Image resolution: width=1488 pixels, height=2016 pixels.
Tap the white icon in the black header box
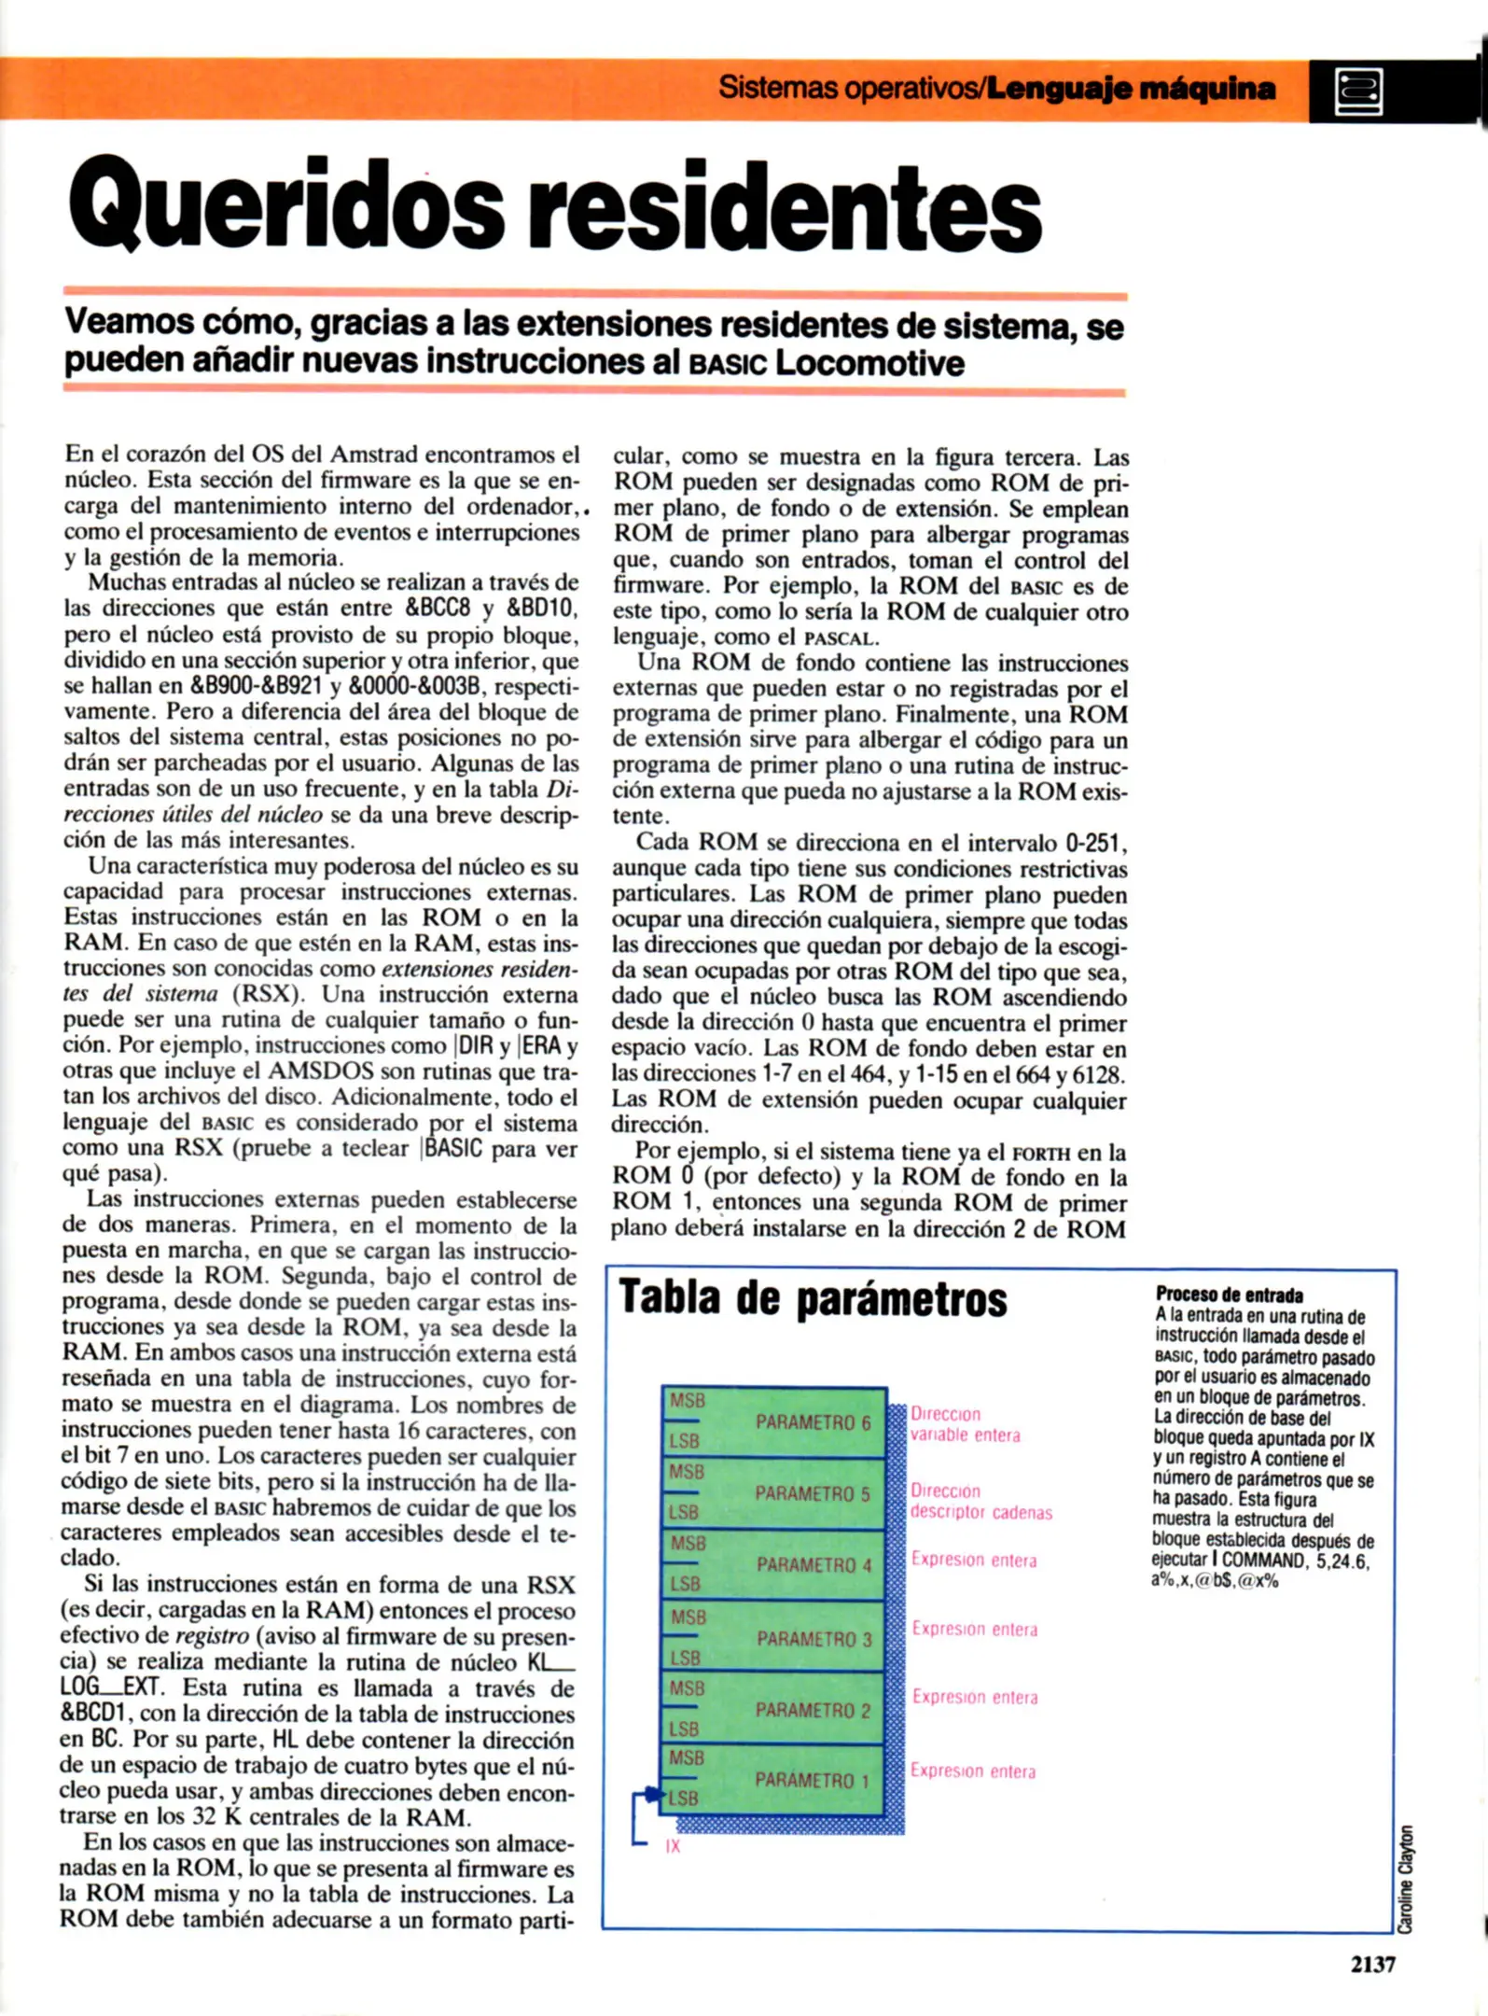click(x=1358, y=91)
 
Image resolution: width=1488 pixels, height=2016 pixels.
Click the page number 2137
click(x=1372, y=1964)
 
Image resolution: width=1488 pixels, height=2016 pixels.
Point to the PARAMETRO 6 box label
click(x=813, y=1422)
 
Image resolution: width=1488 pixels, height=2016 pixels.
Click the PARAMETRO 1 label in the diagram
click(x=813, y=1781)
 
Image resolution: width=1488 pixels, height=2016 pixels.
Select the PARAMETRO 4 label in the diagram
click(x=814, y=1565)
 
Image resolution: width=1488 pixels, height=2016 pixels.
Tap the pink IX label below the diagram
click(x=673, y=1846)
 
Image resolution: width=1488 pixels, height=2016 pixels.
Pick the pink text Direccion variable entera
click(x=965, y=1424)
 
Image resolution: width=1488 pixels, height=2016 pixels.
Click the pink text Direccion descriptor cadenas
click(x=980, y=1502)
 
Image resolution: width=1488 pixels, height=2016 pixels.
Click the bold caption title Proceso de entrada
click(x=1229, y=1295)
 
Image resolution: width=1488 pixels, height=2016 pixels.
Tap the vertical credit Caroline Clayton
click(x=1406, y=1879)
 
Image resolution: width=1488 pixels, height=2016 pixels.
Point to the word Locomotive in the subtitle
click(x=869, y=362)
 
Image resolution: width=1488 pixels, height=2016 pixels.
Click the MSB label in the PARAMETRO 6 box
click(x=688, y=1401)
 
